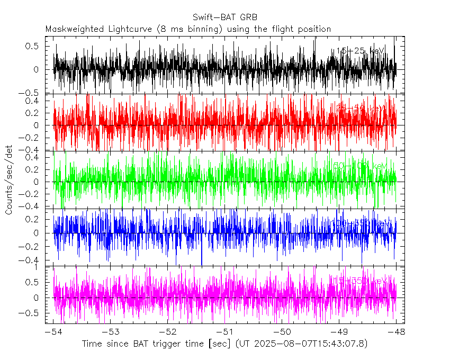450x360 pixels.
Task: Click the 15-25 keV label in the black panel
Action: pos(360,51)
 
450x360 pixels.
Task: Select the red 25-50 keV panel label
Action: pos(360,108)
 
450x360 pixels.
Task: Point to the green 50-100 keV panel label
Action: pos(358,166)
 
